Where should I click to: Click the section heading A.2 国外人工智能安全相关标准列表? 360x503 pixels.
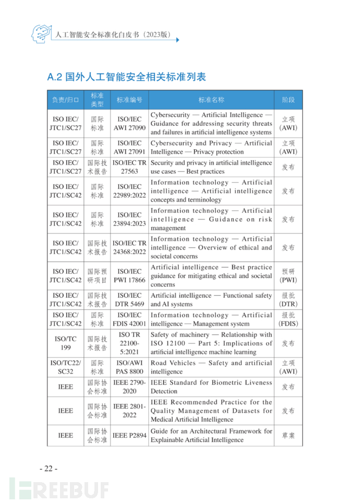pos(127,77)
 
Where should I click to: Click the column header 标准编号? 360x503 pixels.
pos(129,100)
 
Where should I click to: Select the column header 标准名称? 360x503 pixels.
pos(211,100)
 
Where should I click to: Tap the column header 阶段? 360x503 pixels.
pos(289,100)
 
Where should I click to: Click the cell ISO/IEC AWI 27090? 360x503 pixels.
pos(129,124)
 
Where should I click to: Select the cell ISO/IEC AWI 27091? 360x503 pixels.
pos(129,147)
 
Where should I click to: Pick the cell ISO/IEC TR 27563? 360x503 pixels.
pos(129,167)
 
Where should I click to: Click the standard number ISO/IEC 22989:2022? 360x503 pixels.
pos(129,191)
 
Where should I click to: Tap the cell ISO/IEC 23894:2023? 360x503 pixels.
pos(129,219)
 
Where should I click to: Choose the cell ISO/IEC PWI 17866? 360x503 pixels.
pos(129,276)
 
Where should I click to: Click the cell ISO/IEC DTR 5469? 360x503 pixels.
pos(129,300)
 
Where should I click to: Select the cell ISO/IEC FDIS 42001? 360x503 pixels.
pos(129,319)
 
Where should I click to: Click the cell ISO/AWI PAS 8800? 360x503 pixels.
pos(129,367)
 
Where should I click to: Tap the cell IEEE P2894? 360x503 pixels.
pos(129,435)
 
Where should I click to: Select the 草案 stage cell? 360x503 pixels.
pos(289,435)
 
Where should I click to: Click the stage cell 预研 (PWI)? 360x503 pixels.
pos(289,276)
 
